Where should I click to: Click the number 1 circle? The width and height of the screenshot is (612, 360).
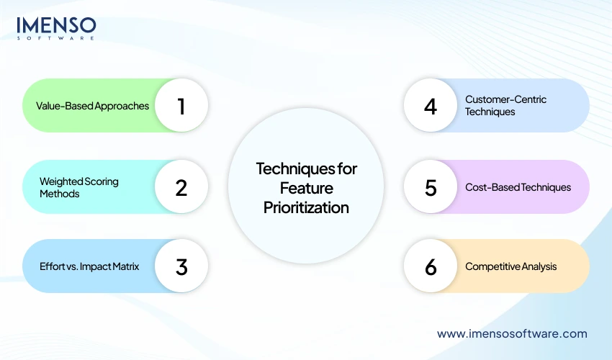(x=181, y=106)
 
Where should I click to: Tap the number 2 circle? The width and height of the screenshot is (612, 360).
(x=181, y=187)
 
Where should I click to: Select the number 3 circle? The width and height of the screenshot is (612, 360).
(x=181, y=266)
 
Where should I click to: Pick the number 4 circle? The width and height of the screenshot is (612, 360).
(x=431, y=106)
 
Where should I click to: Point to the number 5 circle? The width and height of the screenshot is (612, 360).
(x=431, y=187)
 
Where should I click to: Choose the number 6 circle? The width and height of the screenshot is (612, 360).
(x=431, y=266)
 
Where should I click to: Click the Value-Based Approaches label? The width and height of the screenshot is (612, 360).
(x=92, y=106)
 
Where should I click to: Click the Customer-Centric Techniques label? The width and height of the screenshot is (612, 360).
(x=505, y=105)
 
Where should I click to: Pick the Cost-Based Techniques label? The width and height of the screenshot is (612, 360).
(x=518, y=187)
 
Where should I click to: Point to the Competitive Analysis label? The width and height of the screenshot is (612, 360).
(x=510, y=266)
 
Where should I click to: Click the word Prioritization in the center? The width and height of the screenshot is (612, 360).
(x=307, y=208)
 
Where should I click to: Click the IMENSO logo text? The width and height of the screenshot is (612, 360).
(x=56, y=25)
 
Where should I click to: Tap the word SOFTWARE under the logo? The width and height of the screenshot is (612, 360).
(x=56, y=38)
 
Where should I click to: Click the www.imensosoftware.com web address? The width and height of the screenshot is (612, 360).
(x=512, y=333)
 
